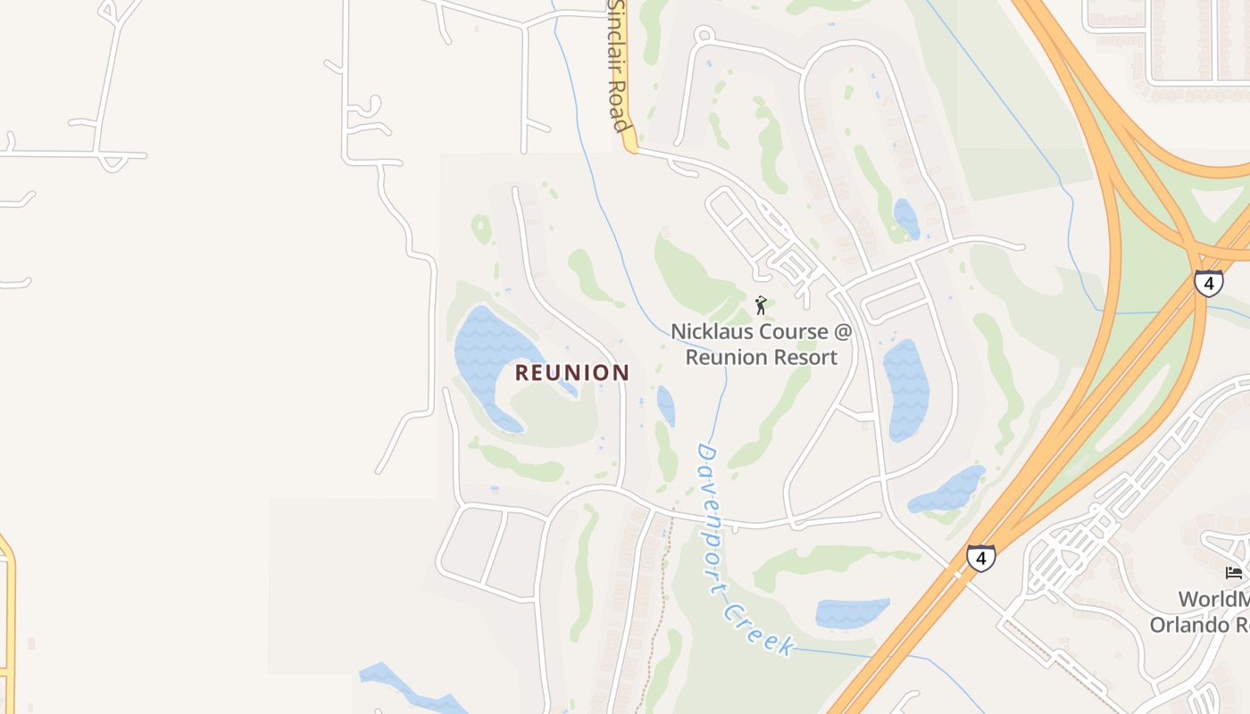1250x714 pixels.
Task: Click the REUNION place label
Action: click(x=572, y=373)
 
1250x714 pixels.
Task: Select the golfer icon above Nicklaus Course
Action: click(x=761, y=306)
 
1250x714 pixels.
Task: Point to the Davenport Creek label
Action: click(x=741, y=549)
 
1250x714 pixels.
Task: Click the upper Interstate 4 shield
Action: click(x=1208, y=284)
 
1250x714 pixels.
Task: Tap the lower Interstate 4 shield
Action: click(x=980, y=559)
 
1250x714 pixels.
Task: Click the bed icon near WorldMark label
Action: click(x=1234, y=573)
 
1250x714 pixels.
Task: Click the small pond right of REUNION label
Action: click(x=666, y=405)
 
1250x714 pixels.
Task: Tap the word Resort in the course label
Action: click(x=800, y=358)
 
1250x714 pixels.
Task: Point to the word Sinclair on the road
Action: click(x=615, y=27)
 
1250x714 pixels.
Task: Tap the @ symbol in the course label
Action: click(x=843, y=332)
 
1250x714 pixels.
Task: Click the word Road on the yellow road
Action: click(x=620, y=105)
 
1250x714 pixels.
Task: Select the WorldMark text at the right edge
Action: click(x=1213, y=600)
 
